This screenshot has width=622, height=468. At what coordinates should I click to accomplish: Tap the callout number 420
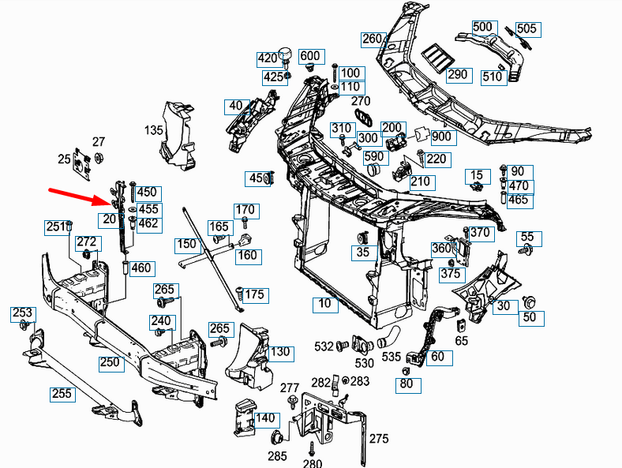pos(268,58)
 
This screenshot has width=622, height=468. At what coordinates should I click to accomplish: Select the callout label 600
pos(310,56)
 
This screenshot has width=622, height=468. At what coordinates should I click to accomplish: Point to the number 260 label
pos(373,39)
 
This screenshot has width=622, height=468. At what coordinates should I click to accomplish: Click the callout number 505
pos(526,29)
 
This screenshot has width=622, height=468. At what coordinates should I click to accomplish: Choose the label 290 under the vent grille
pos(458,75)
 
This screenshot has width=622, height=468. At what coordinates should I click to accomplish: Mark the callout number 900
pos(442,137)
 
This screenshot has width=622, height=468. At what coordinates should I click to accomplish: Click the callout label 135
pos(153,130)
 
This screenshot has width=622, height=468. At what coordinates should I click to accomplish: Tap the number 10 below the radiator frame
pos(324,303)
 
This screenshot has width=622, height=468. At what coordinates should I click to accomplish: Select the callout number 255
pos(62,393)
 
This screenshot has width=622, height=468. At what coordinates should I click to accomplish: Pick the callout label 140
pos(266,418)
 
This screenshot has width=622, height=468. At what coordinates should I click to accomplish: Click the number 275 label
pos(380,439)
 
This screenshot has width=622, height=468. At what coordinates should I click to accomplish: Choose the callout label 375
pos(450,274)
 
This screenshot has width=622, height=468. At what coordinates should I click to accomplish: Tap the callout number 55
pos(526,237)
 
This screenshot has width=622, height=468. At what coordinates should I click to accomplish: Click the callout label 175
pos(255,295)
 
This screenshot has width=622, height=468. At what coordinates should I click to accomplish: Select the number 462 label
pos(148,223)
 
